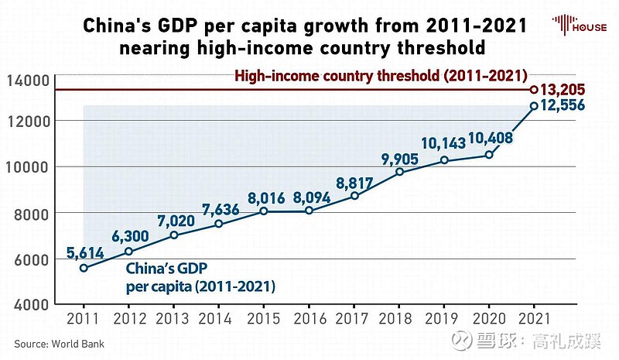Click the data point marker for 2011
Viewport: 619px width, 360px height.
pyautogui.click(x=84, y=268)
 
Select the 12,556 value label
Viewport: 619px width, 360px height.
pyautogui.click(x=563, y=106)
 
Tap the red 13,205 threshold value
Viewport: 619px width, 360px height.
pyautogui.click(x=563, y=89)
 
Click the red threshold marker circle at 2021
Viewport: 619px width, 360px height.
pyautogui.click(x=534, y=90)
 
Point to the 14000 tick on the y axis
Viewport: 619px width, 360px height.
pyautogui.click(x=28, y=81)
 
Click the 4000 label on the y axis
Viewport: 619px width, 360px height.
pyautogui.click(x=28, y=304)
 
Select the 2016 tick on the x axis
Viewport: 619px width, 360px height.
pyautogui.click(x=309, y=319)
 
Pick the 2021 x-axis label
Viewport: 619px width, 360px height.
pyautogui.click(x=534, y=319)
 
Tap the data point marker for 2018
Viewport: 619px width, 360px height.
pyautogui.click(x=399, y=171)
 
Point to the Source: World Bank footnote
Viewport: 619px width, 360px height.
pyautogui.click(x=59, y=343)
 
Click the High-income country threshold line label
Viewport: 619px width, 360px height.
pyautogui.click(x=380, y=76)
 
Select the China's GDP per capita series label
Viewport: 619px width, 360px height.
pyautogui.click(x=200, y=278)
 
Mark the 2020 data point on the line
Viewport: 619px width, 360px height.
pyautogui.click(x=489, y=155)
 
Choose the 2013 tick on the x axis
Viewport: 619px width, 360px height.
pyautogui.click(x=173, y=319)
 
